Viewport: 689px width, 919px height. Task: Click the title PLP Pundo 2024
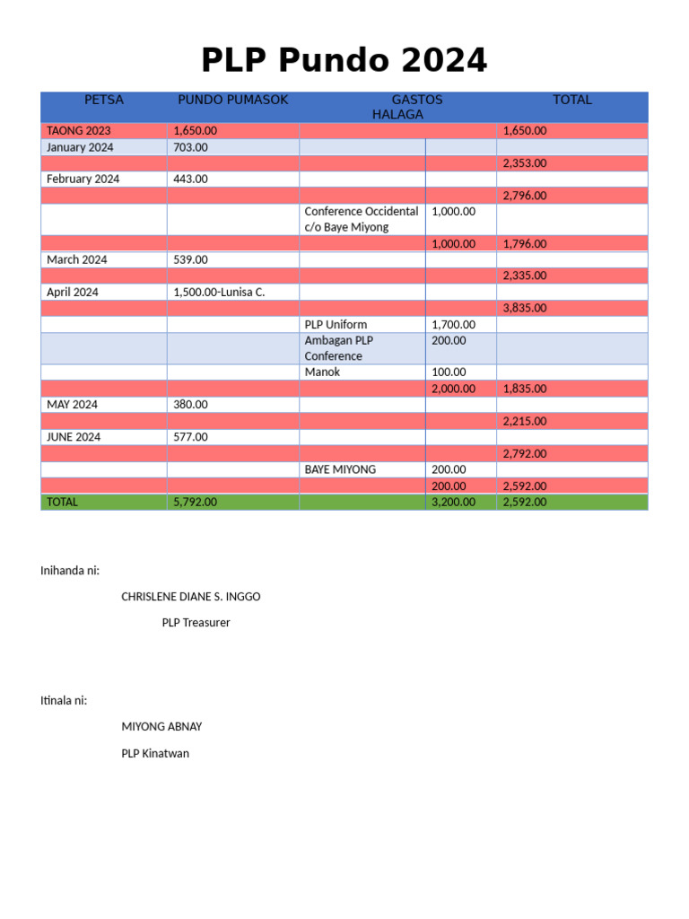(344, 60)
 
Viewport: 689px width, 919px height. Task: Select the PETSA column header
(104, 100)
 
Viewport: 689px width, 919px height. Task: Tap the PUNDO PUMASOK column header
(232, 100)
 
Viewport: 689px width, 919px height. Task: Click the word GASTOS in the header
(416, 100)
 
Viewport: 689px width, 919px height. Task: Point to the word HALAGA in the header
(397, 115)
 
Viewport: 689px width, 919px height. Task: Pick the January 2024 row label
(80, 147)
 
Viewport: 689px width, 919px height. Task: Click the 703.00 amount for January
(190, 147)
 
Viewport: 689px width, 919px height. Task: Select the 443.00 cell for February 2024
(190, 179)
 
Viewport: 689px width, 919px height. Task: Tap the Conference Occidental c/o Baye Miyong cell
(361, 219)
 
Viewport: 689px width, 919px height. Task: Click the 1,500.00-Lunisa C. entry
(219, 292)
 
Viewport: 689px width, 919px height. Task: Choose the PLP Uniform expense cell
(336, 324)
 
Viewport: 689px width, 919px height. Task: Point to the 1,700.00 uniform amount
(453, 324)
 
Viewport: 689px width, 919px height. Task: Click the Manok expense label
(322, 372)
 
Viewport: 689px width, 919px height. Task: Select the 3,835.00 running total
(525, 308)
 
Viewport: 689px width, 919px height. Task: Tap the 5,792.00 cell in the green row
(195, 502)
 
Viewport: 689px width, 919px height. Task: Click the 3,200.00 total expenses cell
(453, 502)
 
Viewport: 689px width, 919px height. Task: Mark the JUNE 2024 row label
(74, 437)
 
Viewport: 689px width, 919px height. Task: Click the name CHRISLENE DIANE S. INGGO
(191, 597)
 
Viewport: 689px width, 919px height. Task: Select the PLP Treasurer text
(196, 623)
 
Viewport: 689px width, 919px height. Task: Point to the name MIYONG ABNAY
(155, 727)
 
